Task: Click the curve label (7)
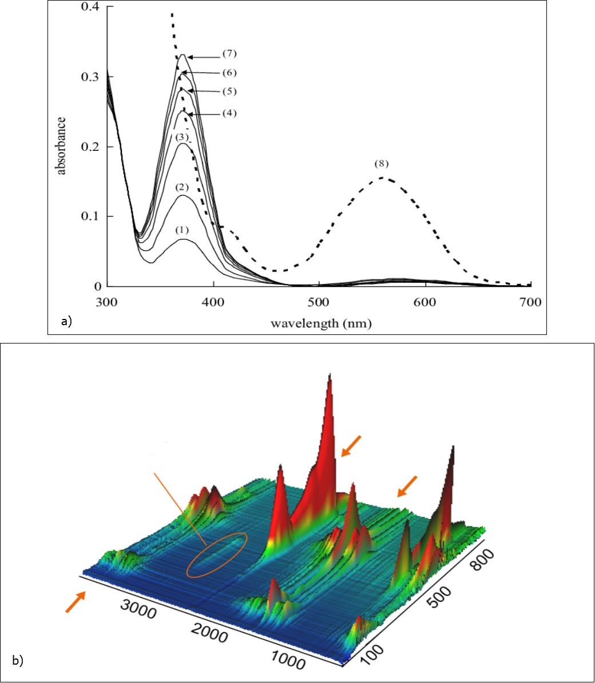pos(229,54)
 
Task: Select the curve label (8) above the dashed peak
pos(381,163)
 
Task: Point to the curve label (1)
pos(181,230)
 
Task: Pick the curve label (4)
pos(229,113)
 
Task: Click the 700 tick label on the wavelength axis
pos(530,301)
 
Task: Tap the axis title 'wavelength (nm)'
pos(321,323)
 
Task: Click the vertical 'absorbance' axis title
pos(61,145)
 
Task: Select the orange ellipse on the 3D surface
pos(217,555)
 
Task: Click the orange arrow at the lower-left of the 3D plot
pos(76,602)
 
